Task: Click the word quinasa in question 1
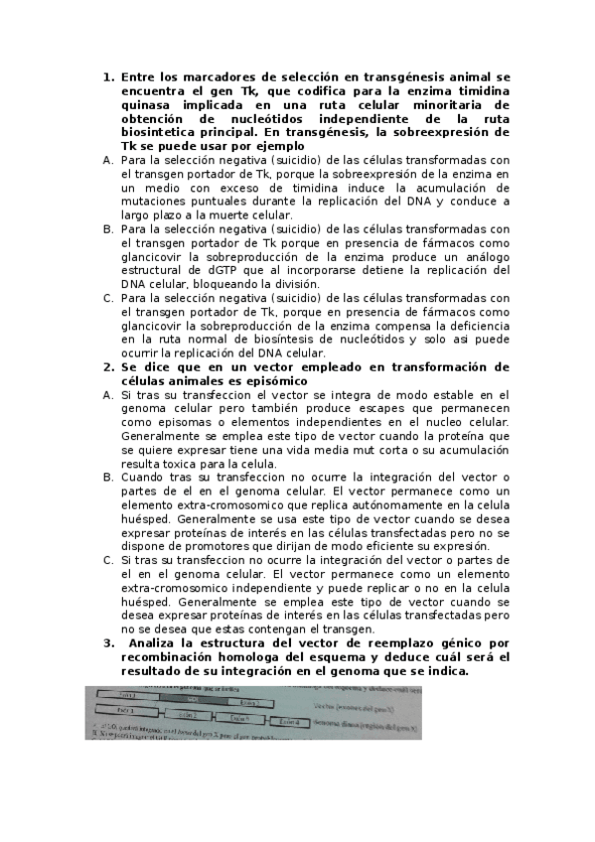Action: (x=147, y=103)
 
